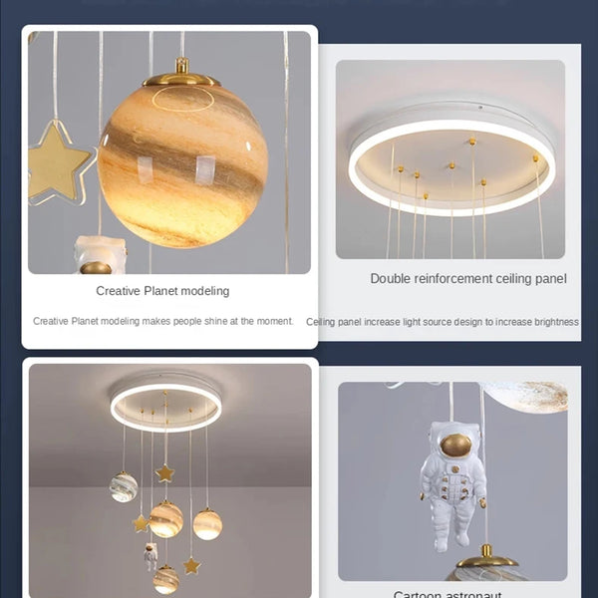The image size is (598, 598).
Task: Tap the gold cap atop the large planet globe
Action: pos(181,76)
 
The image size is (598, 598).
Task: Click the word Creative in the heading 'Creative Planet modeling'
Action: pos(117,291)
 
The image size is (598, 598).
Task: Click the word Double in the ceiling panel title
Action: pos(392,279)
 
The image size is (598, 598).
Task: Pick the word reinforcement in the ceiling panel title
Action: pos(455,279)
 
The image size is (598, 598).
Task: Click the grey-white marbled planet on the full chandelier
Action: pos(125,487)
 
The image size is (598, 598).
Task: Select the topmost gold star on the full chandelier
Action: pos(166,472)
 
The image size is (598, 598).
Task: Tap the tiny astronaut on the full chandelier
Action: pos(150,555)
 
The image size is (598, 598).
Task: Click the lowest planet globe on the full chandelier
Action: pos(166,579)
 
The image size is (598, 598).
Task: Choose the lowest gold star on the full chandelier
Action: pos(190,566)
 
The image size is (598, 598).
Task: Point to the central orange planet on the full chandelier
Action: pos(166,518)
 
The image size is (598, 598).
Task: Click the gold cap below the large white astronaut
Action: pos(486,552)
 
